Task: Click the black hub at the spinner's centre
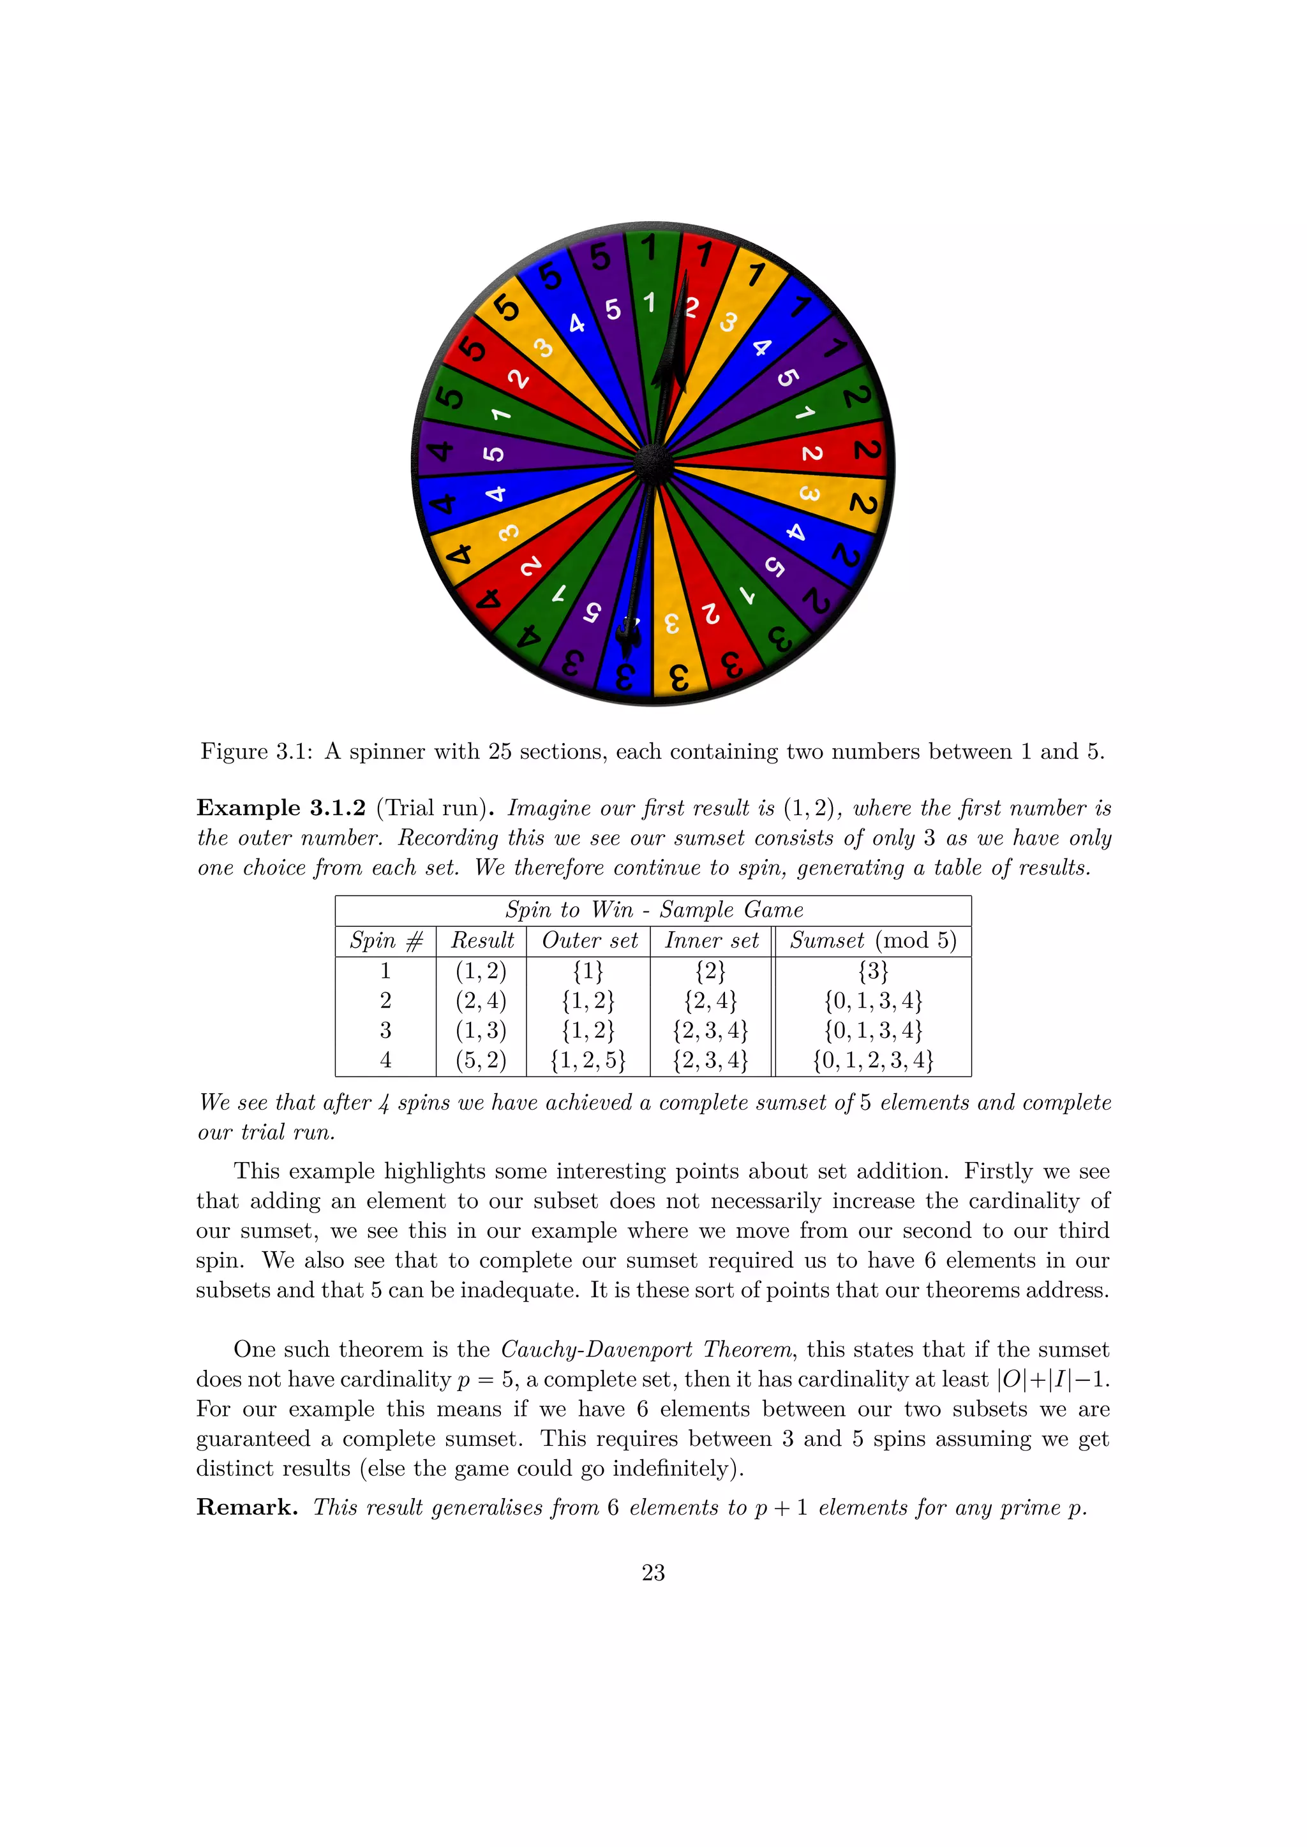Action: pos(653,464)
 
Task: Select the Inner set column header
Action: pos(712,940)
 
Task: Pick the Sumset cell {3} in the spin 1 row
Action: pos(873,971)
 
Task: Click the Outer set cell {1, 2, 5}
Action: pos(588,1060)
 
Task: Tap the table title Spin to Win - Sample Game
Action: pos(653,910)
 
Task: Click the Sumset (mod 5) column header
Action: pos(873,940)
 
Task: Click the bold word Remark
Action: pos(246,1508)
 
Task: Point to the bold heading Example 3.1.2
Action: pos(281,807)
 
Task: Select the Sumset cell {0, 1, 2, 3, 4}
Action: pos(873,1060)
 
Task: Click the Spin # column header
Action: pos(385,940)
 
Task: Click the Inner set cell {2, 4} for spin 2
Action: pos(711,1001)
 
